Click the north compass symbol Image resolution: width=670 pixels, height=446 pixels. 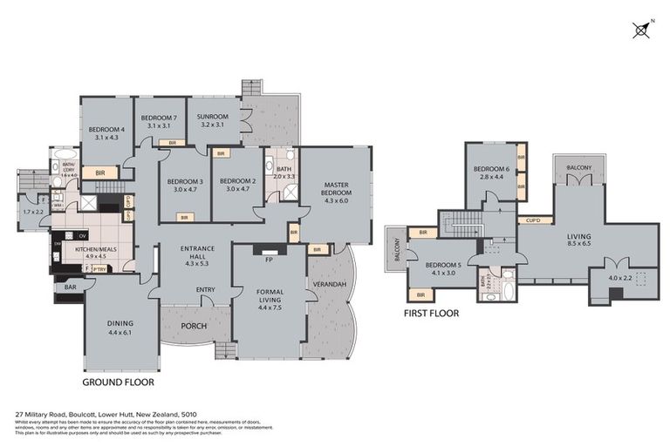pos(641,30)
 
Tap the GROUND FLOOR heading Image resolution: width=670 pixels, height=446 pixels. pos(118,382)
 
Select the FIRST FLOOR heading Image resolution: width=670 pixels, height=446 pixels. pos(431,312)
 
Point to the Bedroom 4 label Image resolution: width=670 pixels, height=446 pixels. pos(106,133)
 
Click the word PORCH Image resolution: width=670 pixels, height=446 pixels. pos(193,327)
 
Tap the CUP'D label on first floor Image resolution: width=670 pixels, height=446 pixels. pos(530,221)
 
